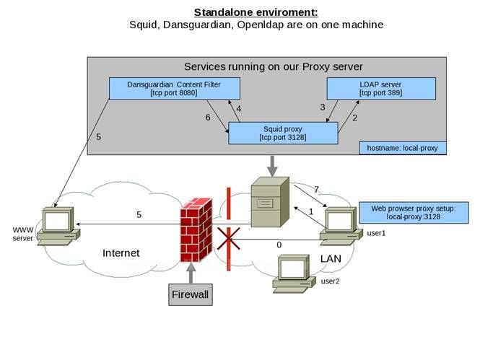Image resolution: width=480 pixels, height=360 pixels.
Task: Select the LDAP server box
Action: [x=381, y=89]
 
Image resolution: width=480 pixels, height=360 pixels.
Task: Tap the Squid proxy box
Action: [x=284, y=132]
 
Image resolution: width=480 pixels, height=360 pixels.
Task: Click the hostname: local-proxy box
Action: [x=402, y=148]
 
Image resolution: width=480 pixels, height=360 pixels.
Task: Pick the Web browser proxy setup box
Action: [x=403, y=212]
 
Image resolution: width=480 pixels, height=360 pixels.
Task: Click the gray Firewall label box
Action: [x=191, y=294]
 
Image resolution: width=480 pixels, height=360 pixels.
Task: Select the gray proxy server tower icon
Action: [x=269, y=205]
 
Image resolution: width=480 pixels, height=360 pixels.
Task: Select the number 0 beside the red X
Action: [x=279, y=245]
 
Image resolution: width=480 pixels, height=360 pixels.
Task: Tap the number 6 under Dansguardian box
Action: [x=208, y=116]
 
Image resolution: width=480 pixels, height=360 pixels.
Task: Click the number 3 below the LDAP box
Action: [x=323, y=107]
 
